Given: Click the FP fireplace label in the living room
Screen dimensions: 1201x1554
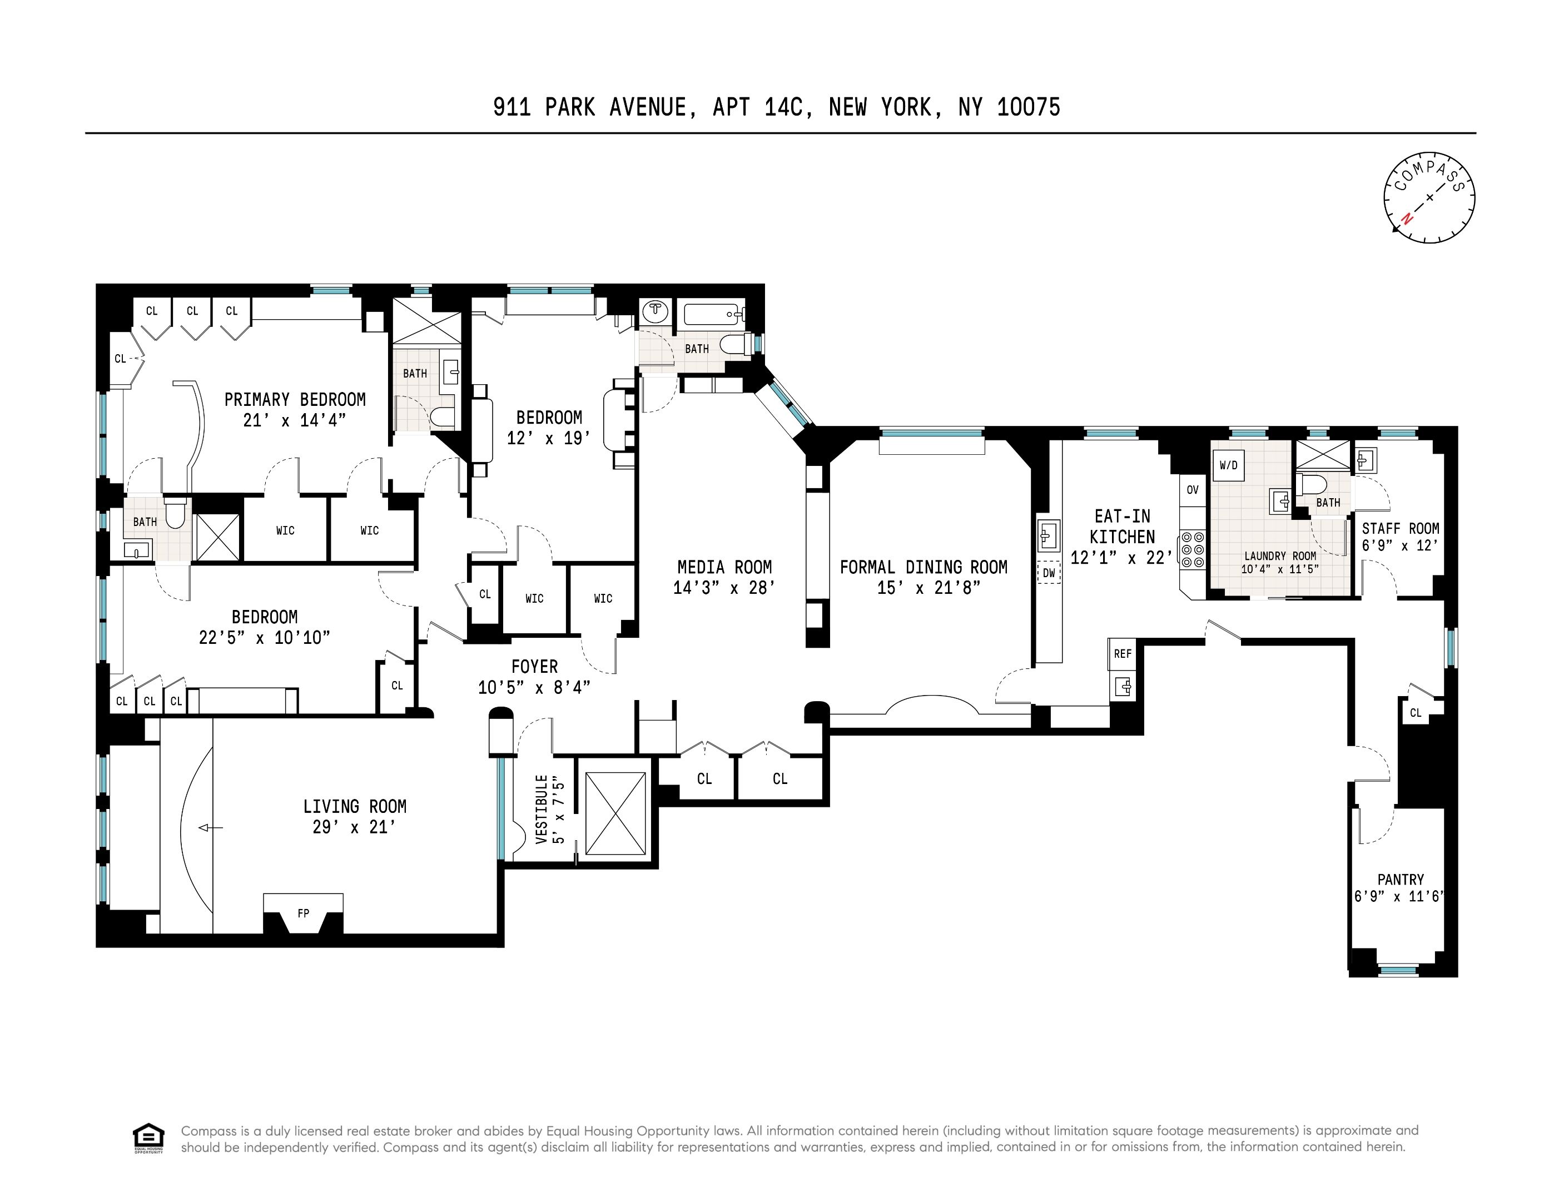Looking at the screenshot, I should (x=303, y=913).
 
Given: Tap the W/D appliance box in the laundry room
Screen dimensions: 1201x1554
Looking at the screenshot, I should (x=1228, y=466).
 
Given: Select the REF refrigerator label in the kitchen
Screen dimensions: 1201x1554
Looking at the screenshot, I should (x=1122, y=654).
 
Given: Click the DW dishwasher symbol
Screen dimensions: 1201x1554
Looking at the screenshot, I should (x=1049, y=573).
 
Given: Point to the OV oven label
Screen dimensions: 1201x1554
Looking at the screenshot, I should (x=1193, y=489).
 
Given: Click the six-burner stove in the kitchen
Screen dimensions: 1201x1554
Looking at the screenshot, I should (x=1193, y=550).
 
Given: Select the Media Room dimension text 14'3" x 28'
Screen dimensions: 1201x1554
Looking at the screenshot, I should (x=724, y=588).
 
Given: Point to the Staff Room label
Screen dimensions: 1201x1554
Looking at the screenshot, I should (x=1399, y=529).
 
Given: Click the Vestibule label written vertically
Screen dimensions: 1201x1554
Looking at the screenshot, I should (x=542, y=809).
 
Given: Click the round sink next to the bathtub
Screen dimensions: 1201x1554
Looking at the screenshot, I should (x=654, y=311).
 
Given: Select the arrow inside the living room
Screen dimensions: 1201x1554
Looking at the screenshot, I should (x=210, y=827).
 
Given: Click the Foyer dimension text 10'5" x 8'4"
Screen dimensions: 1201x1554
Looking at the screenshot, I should (x=534, y=687).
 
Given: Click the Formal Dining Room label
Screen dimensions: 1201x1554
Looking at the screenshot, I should (x=923, y=567).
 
